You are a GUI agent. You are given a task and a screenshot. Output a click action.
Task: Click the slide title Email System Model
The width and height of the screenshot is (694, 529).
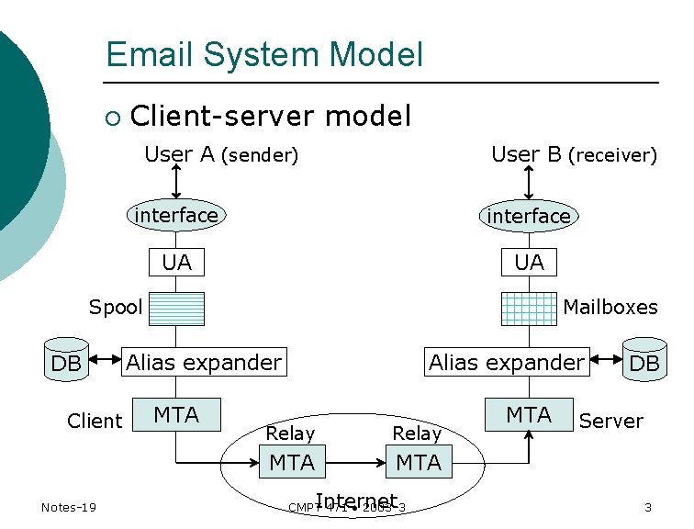tap(264, 54)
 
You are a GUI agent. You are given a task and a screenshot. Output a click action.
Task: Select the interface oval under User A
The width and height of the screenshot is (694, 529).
tap(176, 215)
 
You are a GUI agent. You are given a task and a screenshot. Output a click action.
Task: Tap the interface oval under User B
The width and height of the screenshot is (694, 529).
tap(529, 216)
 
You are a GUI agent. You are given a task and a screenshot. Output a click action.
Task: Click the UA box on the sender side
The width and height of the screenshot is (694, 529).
tap(176, 263)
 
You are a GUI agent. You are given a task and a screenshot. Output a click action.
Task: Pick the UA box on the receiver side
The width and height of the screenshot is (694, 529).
tap(529, 263)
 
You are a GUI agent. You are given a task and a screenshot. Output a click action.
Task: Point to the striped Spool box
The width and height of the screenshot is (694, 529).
tap(176, 309)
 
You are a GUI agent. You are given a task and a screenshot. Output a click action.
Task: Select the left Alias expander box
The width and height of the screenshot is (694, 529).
tap(204, 362)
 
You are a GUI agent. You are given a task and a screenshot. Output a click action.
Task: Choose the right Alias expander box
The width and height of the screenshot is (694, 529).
tap(506, 362)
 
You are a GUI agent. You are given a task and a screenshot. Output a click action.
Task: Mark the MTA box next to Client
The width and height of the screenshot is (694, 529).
tap(176, 414)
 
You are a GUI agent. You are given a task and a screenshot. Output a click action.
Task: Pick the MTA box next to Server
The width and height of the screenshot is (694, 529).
tap(530, 414)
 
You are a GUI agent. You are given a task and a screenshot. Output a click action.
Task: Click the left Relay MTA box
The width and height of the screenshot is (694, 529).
tap(292, 462)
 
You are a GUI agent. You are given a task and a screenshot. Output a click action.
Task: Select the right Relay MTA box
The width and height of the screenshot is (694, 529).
tap(419, 462)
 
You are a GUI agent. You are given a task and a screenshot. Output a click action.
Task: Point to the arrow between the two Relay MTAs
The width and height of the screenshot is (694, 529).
tap(355, 462)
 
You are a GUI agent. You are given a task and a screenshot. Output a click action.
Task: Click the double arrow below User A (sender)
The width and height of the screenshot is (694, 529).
tap(176, 183)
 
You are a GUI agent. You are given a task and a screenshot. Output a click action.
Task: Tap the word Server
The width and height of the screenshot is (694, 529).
tap(610, 421)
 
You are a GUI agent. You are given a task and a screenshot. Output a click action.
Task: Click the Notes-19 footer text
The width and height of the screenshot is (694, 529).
tap(70, 508)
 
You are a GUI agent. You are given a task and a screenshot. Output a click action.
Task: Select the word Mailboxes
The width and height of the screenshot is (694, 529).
tap(610, 307)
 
